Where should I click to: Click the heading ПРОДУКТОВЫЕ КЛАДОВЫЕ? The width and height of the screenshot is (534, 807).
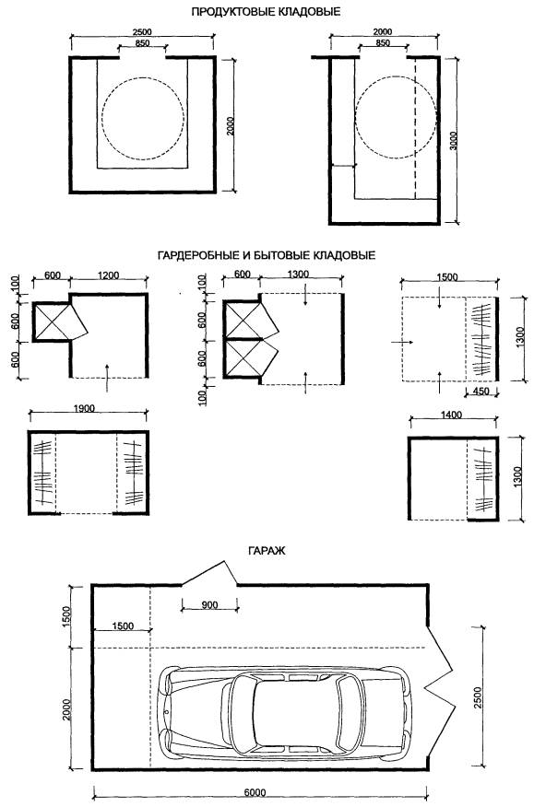(266, 11)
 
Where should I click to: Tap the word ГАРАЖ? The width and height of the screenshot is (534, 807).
(267, 551)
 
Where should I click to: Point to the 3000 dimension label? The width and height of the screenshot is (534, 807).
(453, 141)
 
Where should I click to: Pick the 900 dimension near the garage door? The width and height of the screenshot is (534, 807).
(209, 604)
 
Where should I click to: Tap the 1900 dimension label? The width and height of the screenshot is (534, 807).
(84, 409)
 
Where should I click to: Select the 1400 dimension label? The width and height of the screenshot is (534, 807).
(452, 415)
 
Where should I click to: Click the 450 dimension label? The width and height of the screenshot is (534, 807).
(481, 392)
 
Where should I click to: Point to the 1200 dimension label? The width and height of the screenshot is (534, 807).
(108, 275)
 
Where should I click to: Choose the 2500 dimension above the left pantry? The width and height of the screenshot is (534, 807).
(142, 32)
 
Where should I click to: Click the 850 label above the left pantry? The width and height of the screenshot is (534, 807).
(142, 43)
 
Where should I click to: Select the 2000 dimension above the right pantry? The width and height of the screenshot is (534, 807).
(382, 32)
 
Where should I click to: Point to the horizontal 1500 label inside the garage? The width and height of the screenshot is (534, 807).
(122, 626)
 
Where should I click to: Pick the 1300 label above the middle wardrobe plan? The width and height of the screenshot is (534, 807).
(299, 275)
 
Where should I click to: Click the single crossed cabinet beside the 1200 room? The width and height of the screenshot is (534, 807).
(51, 322)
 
